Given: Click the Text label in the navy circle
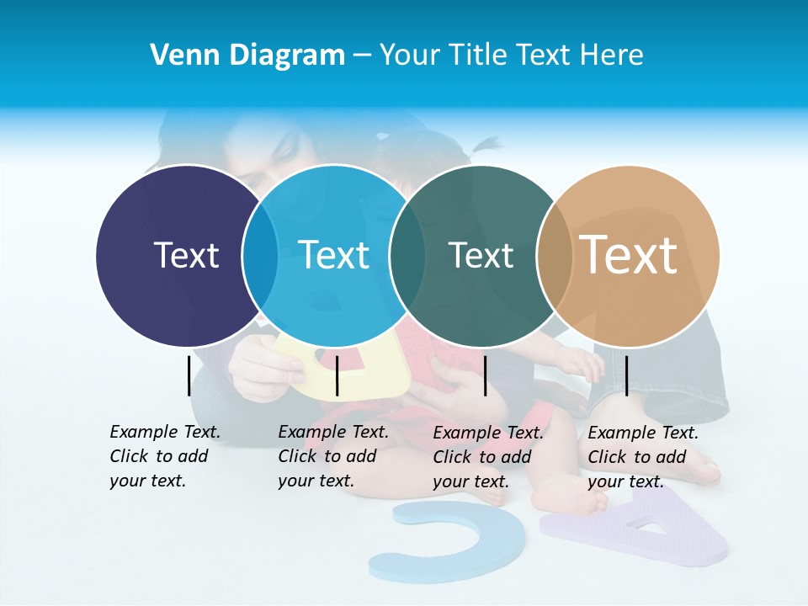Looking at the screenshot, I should point(186,255).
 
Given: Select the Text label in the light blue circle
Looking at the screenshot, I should point(333,255).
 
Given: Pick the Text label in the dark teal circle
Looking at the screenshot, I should point(481,255).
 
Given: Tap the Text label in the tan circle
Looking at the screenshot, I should point(629,255).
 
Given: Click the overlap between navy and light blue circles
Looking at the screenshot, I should point(260,256).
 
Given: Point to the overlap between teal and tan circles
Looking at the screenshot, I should point(554,256).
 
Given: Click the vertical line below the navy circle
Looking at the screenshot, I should point(189,375).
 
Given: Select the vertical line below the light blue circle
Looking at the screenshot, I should point(337,375).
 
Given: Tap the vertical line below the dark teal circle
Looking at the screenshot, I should point(485,375).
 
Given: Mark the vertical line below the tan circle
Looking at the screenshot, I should point(626,375).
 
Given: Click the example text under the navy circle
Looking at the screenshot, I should point(164,456).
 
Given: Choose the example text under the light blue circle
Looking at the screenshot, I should point(332,456).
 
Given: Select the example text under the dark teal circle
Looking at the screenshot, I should point(487,457).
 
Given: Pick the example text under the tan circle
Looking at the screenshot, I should point(642,457).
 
